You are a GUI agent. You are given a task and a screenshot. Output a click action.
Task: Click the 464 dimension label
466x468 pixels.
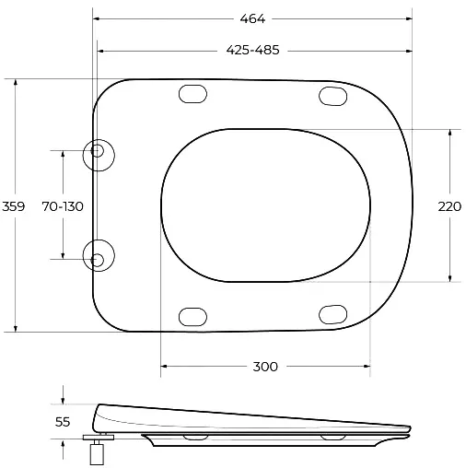point(252,19)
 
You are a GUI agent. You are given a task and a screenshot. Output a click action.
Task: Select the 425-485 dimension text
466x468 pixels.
point(252,50)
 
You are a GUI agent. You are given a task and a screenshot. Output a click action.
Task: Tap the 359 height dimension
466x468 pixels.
point(13,206)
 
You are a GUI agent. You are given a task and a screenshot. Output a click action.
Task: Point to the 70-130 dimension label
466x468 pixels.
point(63,206)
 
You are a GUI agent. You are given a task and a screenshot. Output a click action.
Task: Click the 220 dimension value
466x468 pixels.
point(449,206)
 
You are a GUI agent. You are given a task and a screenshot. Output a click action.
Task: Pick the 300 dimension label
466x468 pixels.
point(265,367)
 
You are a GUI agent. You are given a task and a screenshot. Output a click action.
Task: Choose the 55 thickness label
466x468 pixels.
point(63,422)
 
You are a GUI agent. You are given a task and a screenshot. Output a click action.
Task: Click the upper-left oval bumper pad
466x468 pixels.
point(192,94)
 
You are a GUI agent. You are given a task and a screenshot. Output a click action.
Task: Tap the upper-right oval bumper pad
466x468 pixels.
point(333,96)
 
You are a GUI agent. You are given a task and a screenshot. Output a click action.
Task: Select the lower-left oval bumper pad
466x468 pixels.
point(192,317)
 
